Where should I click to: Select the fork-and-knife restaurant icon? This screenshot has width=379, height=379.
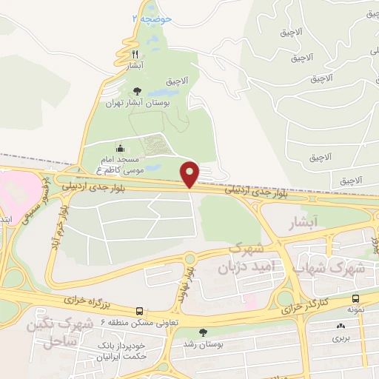coord(135,55)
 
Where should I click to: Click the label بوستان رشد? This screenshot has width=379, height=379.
coord(204,344)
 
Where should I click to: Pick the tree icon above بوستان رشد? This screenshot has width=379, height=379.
coord(204,332)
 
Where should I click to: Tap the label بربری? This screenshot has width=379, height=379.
coord(340,338)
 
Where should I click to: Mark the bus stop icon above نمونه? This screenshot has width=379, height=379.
coord(356,300)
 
